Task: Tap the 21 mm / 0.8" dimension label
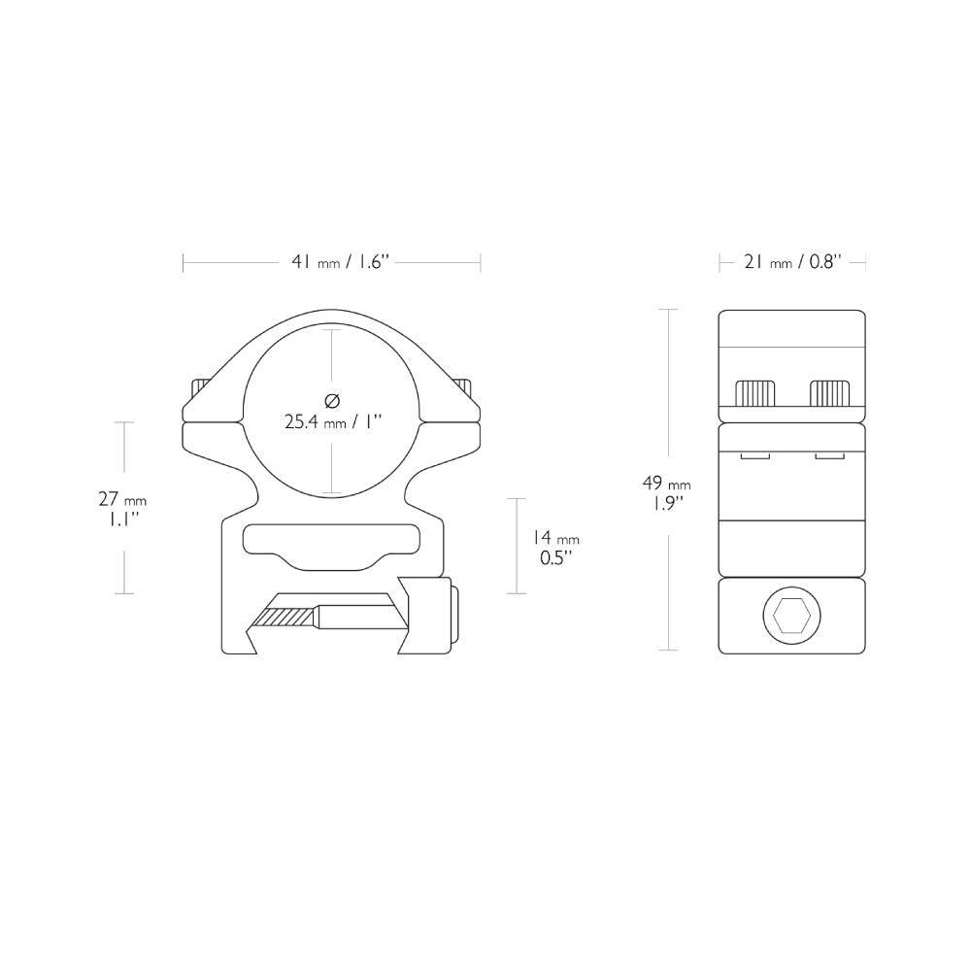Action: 791,262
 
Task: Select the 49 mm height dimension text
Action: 666,492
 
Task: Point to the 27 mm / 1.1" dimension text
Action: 122,508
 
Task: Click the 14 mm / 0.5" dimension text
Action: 555,547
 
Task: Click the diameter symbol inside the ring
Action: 332,400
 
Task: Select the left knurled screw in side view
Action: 755,393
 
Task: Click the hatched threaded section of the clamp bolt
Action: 283,617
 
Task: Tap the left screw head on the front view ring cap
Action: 199,386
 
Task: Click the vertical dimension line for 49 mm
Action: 668,388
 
